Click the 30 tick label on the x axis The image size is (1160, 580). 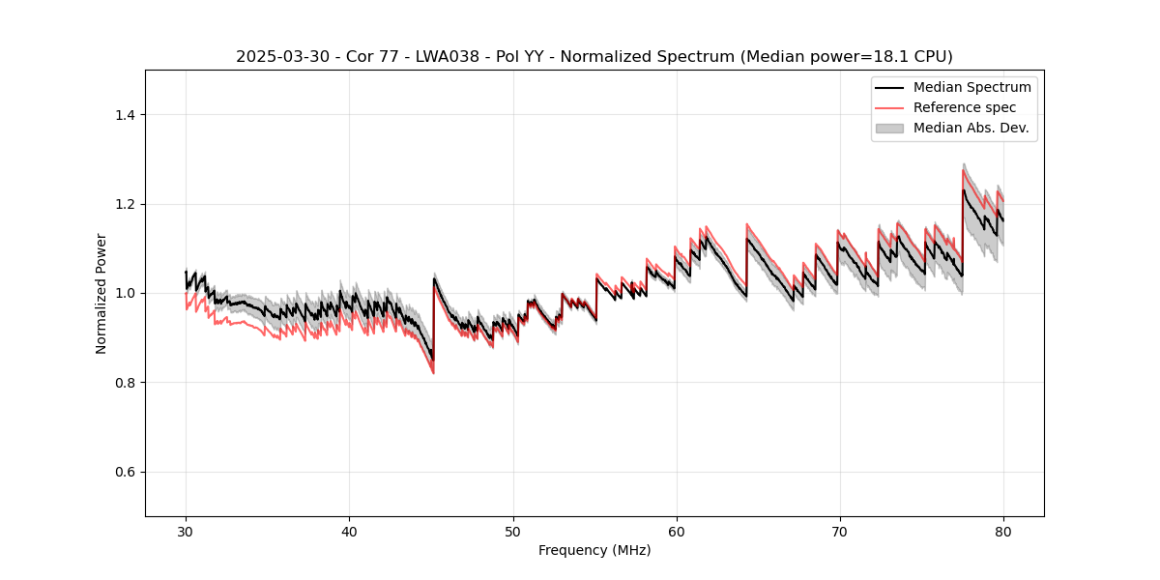[186, 532]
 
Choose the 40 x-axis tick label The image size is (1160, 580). [349, 532]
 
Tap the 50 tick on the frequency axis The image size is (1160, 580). [512, 532]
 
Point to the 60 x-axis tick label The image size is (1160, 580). [676, 532]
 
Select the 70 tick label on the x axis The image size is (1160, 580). [839, 532]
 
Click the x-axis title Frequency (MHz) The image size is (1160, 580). [594, 550]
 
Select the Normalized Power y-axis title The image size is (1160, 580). [101, 293]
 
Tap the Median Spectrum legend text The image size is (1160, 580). [971, 87]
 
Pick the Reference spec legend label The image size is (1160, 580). [965, 107]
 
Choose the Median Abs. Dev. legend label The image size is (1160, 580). [971, 128]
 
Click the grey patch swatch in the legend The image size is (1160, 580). [888, 128]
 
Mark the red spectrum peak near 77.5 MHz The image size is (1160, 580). [963, 171]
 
